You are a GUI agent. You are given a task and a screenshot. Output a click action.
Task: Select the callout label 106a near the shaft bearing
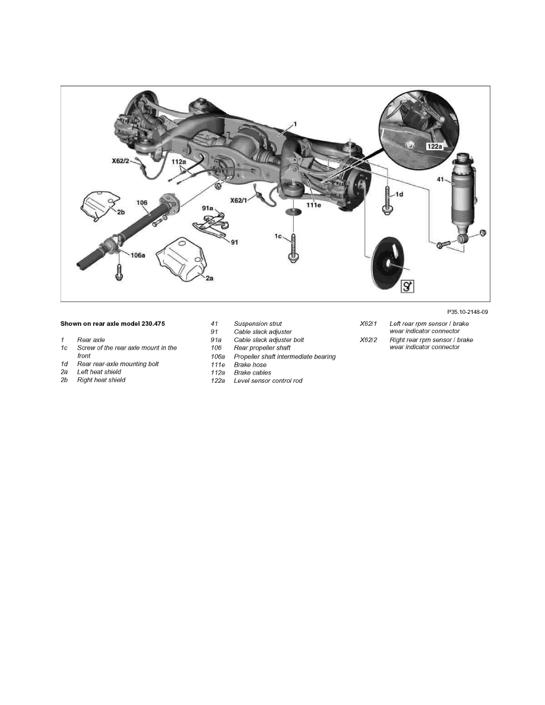tap(137, 255)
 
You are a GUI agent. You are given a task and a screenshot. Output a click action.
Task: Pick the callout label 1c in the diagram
tap(278, 236)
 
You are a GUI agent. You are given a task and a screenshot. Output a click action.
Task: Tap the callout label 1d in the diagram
tap(400, 194)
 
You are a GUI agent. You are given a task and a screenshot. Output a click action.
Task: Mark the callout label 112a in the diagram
tap(179, 161)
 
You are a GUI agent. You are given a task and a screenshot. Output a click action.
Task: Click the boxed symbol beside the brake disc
tap(407, 287)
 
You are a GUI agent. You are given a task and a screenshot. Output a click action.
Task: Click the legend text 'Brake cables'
tap(252, 373)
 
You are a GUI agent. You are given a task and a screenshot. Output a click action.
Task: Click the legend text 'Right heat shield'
tap(101, 380)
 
